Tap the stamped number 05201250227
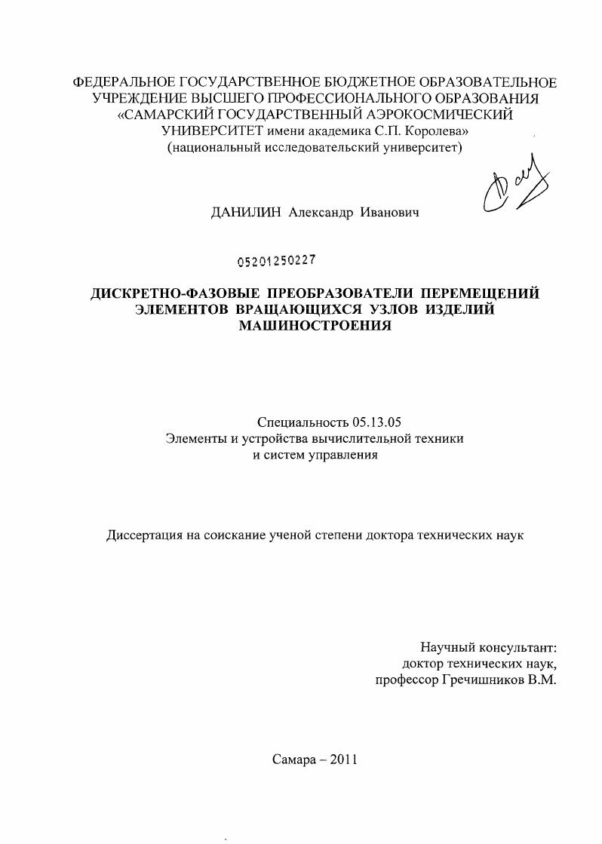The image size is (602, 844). point(276,261)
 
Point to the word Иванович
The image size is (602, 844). point(390,213)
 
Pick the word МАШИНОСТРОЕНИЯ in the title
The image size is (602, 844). point(315,326)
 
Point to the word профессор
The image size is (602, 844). point(406,680)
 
